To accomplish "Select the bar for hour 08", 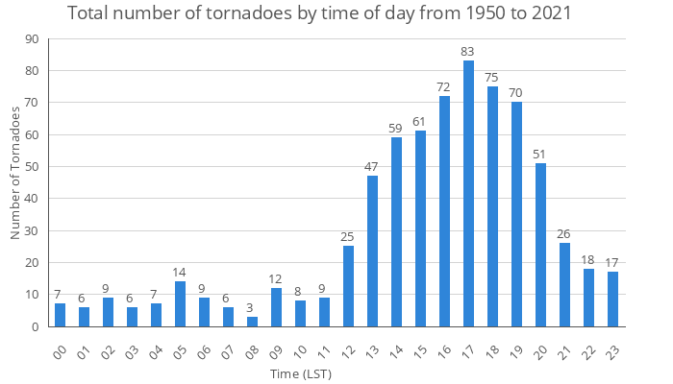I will [252, 322].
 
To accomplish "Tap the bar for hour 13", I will [372, 252].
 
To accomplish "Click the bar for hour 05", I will [180, 304].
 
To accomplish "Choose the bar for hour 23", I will [612, 300].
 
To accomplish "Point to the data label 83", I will [468, 52].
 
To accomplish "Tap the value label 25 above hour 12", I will [348, 237].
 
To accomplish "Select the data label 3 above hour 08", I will [252, 307].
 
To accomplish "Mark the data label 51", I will [540, 155].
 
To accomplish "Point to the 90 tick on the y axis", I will [32, 39].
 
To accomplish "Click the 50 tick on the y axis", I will [32, 167].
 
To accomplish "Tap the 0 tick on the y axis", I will [35, 326].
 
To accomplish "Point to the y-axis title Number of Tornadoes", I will [15, 173].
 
